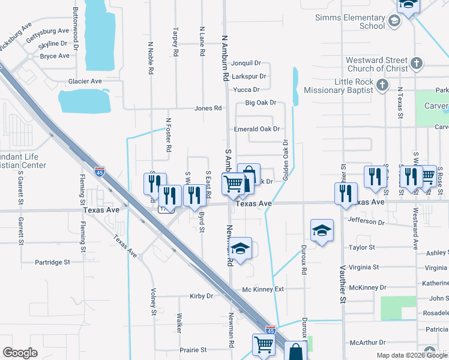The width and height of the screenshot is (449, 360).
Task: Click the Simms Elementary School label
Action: pos(350,22)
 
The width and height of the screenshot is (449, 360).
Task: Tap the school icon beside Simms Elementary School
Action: pos(394,22)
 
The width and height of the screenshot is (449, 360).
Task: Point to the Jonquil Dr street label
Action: pos(246,63)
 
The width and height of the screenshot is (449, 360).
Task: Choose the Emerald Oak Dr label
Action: pos(257,129)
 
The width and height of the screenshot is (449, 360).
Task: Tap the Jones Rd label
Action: pos(208,109)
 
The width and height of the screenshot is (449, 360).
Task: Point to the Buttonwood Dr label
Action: pos(76,29)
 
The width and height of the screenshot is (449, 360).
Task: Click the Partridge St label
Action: pos(52,262)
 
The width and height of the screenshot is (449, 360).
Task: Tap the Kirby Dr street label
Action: pos(201,296)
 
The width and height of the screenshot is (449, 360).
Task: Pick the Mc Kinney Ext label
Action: pos(262,289)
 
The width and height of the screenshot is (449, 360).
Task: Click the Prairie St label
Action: pos(193,349)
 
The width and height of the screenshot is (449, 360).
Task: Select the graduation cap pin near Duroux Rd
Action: pos(322,229)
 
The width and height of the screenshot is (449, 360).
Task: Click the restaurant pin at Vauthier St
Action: pos(345,194)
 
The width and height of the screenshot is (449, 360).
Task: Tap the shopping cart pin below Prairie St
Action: pos(264,344)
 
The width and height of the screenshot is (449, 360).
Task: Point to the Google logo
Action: pos(20,353)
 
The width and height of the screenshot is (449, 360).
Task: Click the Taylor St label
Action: pos(362,247)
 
